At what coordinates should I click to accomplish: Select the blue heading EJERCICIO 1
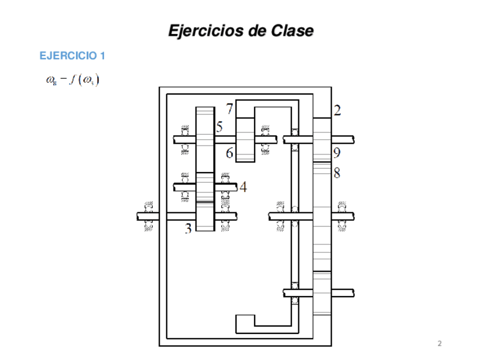(72, 55)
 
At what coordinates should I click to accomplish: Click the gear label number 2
(337, 110)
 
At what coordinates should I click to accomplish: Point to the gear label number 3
(188, 229)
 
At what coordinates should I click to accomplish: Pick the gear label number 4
(243, 186)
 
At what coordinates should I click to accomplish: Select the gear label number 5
(219, 127)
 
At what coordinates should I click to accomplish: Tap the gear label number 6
(229, 153)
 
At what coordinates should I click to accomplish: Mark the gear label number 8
(337, 173)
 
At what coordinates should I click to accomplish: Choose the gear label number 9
(337, 153)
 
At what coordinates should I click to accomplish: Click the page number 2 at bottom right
(440, 344)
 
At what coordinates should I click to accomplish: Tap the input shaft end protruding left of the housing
(146, 216)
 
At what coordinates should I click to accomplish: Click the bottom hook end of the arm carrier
(245, 323)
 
